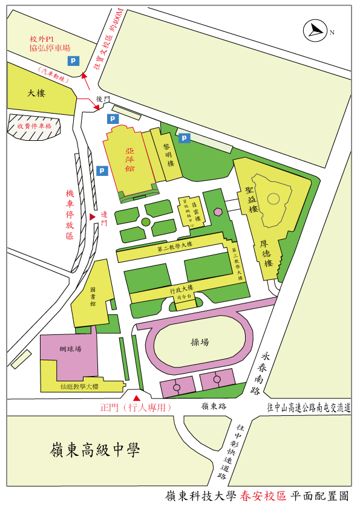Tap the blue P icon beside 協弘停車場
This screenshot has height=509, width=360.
(x=73, y=60)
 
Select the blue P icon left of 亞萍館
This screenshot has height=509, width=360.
(x=102, y=171)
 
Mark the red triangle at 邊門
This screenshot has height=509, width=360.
(x=93, y=216)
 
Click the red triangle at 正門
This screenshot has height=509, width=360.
(x=137, y=398)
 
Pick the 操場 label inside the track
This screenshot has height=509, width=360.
(x=200, y=342)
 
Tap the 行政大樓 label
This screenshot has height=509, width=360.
(x=182, y=288)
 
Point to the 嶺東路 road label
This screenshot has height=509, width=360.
(x=214, y=407)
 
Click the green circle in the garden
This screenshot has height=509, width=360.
(x=146, y=222)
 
